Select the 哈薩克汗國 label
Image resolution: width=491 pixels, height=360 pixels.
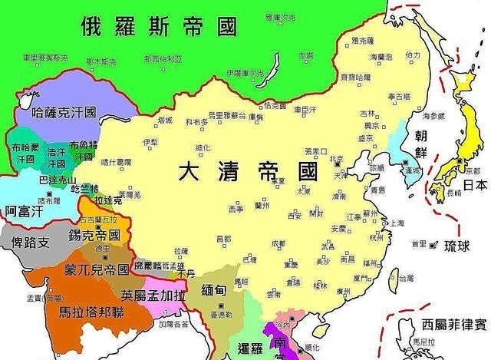click(x=65, y=112)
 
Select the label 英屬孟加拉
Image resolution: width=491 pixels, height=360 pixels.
click(x=153, y=294)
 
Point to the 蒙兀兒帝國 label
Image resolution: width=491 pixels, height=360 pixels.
click(x=96, y=270)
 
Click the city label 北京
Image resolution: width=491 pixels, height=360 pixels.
click(x=335, y=160)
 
